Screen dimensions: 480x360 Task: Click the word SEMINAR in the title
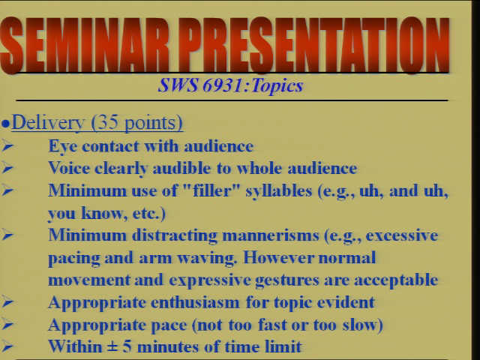pyautogui.click(x=84, y=45)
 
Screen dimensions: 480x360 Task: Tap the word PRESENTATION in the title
pyautogui.click(x=314, y=45)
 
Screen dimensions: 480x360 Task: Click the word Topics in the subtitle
pyautogui.click(x=277, y=85)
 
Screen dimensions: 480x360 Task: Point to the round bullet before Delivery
pyautogui.click(x=5, y=124)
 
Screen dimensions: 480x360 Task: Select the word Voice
pyautogui.click(x=69, y=168)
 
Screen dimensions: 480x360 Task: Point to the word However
pyautogui.click(x=278, y=258)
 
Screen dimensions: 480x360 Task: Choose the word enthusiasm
pyautogui.click(x=195, y=302)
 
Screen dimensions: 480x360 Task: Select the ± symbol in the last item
pyautogui.click(x=112, y=347)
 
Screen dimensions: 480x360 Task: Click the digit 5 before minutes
pyautogui.click(x=127, y=346)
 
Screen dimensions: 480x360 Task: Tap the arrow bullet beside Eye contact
pyautogui.click(x=7, y=146)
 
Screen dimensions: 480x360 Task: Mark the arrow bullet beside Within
pyautogui.click(x=7, y=346)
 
